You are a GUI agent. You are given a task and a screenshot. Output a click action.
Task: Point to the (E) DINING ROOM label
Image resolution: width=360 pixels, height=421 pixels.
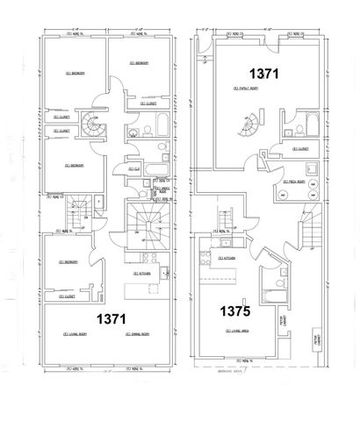[x=140, y=334]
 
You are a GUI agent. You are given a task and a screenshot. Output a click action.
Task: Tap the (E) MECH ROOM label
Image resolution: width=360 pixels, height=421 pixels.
[x=292, y=182]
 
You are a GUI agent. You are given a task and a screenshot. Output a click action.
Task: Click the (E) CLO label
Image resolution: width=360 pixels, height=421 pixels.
[x=134, y=169]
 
